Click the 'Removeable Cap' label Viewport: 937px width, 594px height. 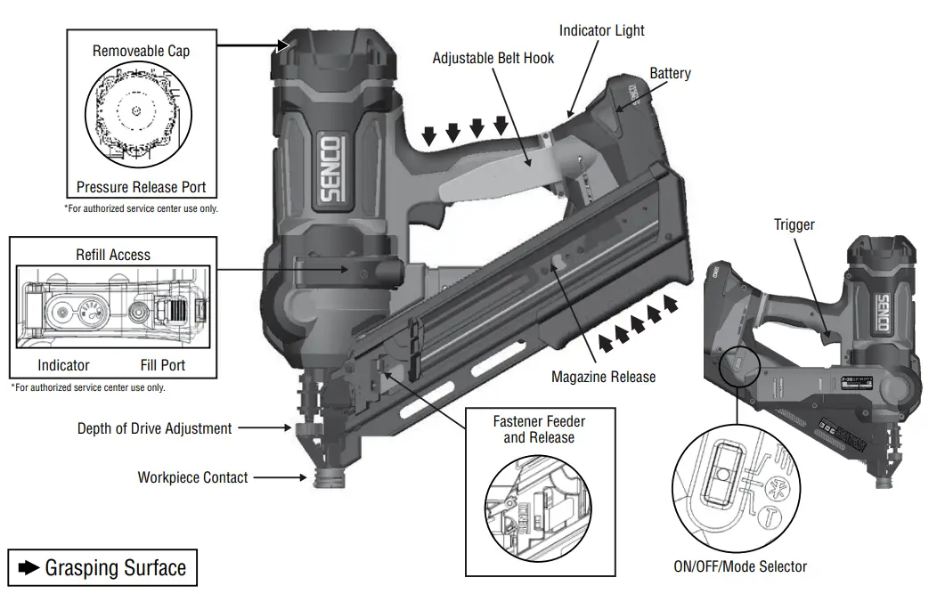141,51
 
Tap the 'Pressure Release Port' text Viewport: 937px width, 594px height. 141,187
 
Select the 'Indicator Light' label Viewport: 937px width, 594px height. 601,30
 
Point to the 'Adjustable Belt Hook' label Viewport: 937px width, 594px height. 493,58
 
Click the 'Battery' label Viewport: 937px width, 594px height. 670,73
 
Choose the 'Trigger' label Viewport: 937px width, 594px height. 794,225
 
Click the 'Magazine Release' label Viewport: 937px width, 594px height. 603,377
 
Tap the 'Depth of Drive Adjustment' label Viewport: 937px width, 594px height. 154,428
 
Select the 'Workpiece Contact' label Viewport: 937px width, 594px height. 192,477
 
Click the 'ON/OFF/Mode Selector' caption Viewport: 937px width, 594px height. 740,566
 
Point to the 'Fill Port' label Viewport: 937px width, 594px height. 163,365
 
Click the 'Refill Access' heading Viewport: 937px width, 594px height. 112,255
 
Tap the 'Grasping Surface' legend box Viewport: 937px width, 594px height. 102,567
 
